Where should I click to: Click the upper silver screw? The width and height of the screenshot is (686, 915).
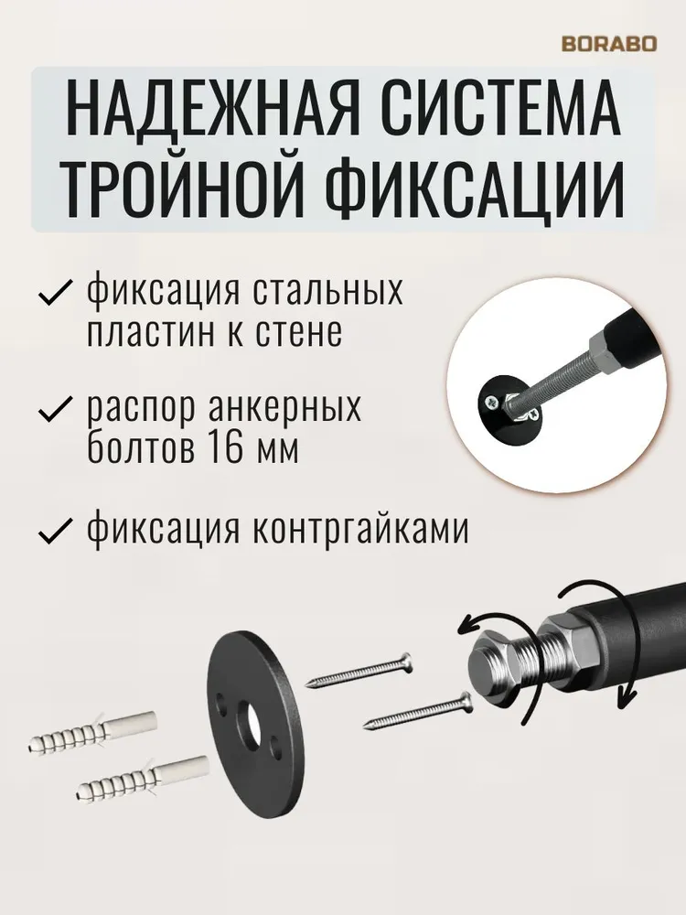(x=361, y=672)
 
